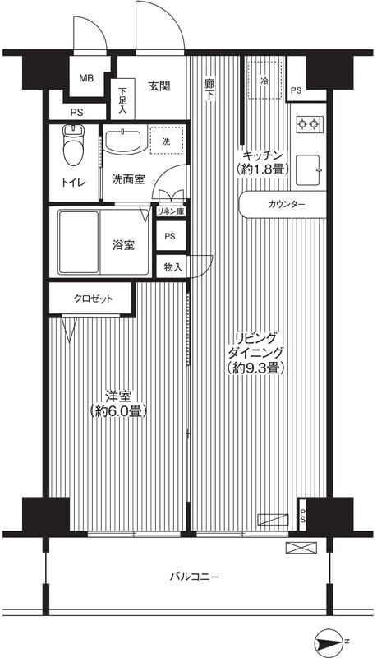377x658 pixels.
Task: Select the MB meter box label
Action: pyautogui.click(x=85, y=79)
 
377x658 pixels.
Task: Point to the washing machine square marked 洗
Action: pyautogui.click(x=166, y=141)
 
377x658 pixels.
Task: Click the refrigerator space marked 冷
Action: pyautogui.click(x=264, y=81)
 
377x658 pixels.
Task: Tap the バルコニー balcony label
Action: pyautogui.click(x=195, y=577)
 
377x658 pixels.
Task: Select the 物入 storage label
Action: pyautogui.click(x=172, y=266)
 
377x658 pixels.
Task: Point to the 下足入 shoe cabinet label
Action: pyautogui.click(x=122, y=100)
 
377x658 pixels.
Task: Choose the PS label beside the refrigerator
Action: pyautogui.click(x=295, y=90)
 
